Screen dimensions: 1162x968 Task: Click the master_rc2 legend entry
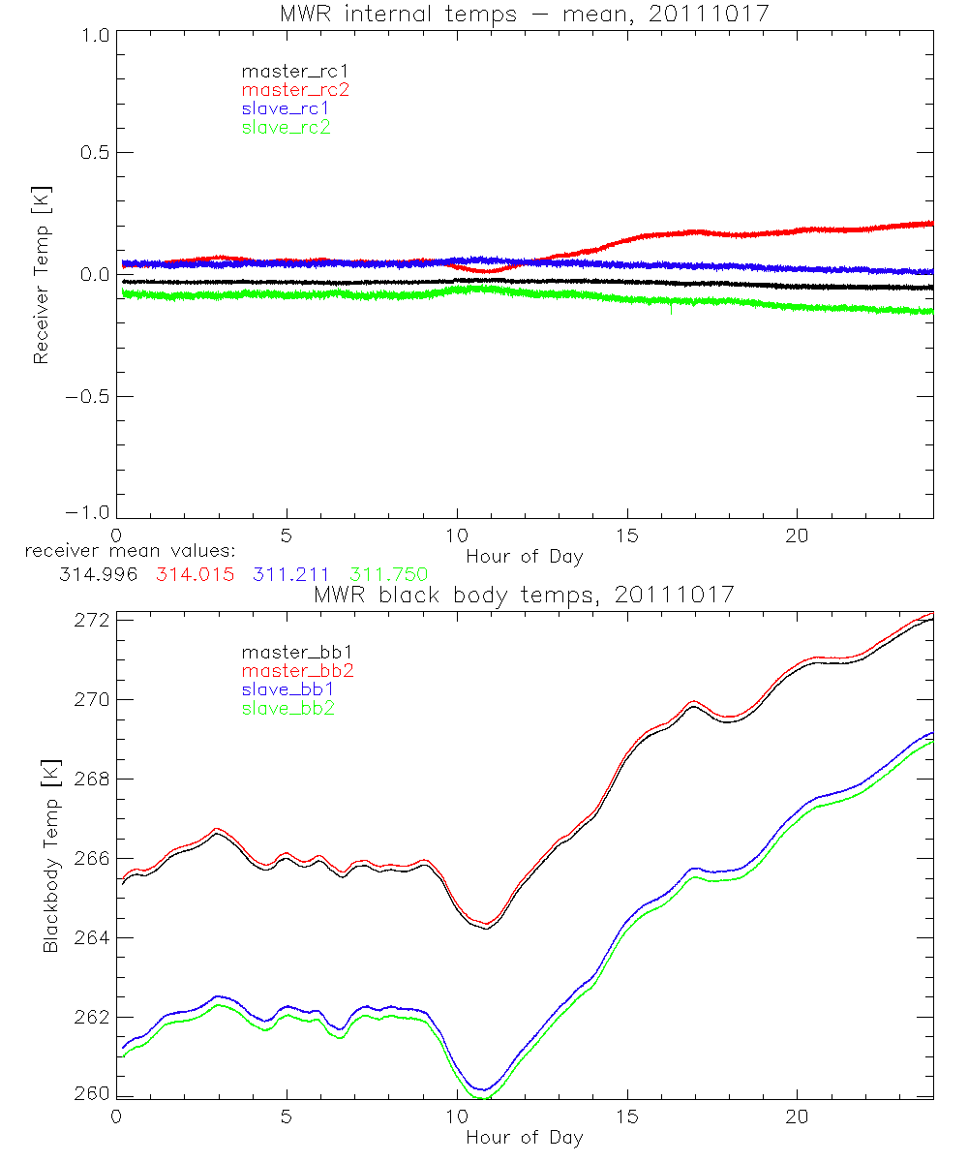(295, 90)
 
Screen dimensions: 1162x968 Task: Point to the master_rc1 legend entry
(295, 71)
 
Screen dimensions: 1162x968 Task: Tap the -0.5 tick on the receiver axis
(87, 397)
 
